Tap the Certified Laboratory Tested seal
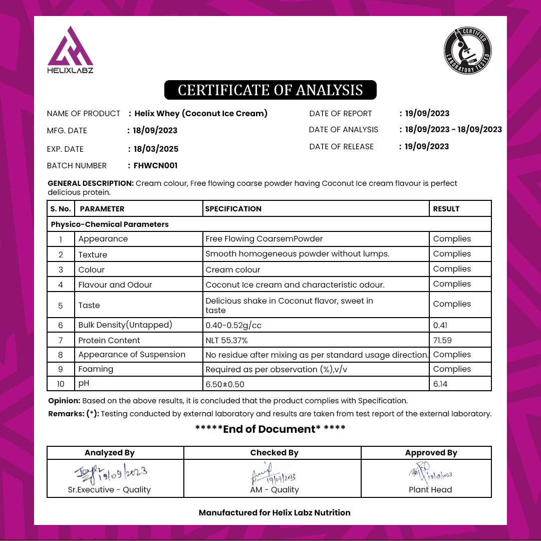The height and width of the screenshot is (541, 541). pyautogui.click(x=468, y=51)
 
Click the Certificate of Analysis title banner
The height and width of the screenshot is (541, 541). pyautogui.click(x=270, y=90)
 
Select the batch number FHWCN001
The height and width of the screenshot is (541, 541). pyautogui.click(x=155, y=166)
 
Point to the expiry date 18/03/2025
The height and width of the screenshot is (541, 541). pyautogui.click(x=156, y=149)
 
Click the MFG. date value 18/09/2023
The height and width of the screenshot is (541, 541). pyautogui.click(x=155, y=131)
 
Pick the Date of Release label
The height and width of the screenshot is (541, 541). pyautogui.click(x=341, y=147)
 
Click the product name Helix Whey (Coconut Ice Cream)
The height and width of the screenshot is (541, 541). pyautogui.click(x=201, y=114)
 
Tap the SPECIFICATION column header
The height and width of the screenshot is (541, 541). pyautogui.click(x=233, y=209)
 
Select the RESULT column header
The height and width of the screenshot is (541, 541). pyautogui.click(x=446, y=209)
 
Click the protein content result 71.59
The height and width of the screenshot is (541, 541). pyautogui.click(x=443, y=340)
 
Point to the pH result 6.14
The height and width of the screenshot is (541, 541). pyautogui.click(x=441, y=384)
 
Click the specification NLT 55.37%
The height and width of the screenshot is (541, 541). pyautogui.click(x=226, y=340)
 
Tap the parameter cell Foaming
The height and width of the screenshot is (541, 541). pyautogui.click(x=96, y=369)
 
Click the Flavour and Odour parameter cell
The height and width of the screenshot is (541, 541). pyautogui.click(x=115, y=285)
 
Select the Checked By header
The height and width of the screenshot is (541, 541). pyautogui.click(x=274, y=453)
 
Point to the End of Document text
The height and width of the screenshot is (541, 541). pyautogui.click(x=270, y=429)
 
